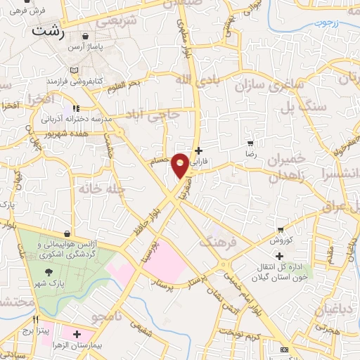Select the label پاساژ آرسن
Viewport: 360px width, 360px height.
85,48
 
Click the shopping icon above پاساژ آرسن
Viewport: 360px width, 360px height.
85,37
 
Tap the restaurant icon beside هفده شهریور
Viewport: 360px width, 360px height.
75,109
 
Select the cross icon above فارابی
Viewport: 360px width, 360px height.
199,150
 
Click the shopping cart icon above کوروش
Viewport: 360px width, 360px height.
281,230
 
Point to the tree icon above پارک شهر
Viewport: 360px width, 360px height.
48,272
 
